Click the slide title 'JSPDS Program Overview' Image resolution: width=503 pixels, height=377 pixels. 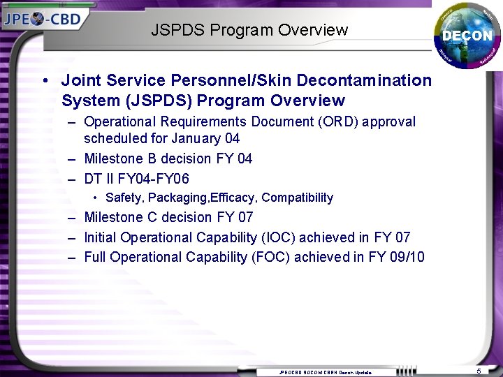pos(249,30)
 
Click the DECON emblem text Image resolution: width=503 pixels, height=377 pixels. pos(467,36)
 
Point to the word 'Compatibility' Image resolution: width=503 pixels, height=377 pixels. pos(297,198)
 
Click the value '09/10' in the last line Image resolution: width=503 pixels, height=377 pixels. pos(407,257)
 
